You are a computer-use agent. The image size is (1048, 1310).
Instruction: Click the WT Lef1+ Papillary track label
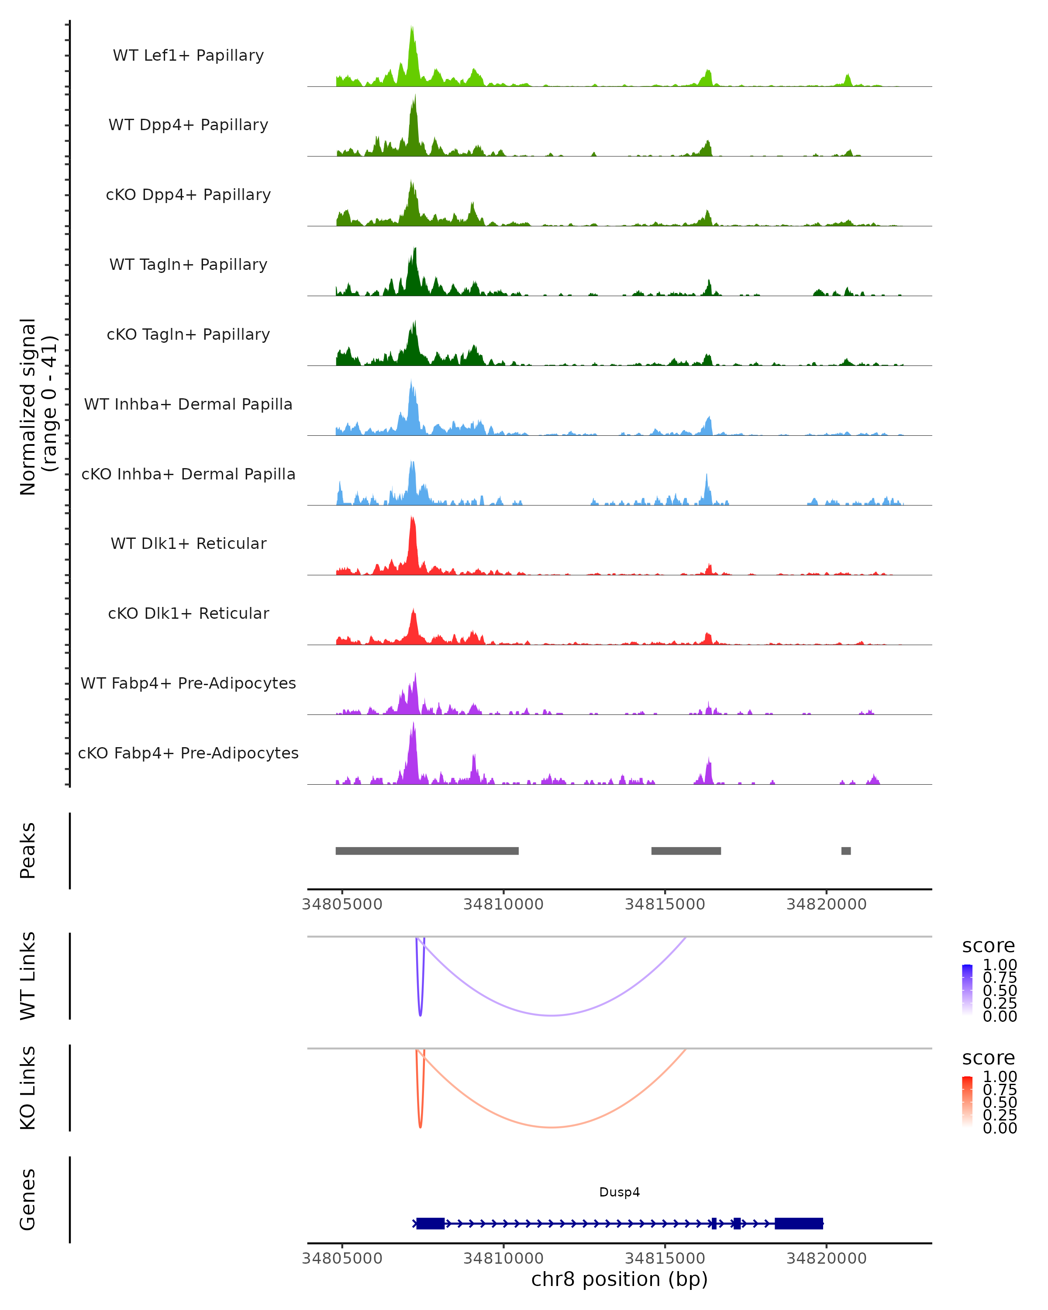[188, 55]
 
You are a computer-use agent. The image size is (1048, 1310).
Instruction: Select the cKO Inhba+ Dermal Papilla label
[188, 474]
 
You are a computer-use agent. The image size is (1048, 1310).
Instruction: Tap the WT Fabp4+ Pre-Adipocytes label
[188, 683]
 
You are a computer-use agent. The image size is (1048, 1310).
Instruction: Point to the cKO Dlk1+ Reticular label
[188, 613]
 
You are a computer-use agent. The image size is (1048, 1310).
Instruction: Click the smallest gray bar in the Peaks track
[846, 851]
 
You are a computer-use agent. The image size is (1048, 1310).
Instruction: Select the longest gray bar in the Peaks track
[427, 851]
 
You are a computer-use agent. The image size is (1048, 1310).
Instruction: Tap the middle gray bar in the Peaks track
[686, 851]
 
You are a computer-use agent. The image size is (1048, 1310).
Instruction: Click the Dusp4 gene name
[619, 1192]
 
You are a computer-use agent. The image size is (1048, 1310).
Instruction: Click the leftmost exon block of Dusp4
[430, 1223]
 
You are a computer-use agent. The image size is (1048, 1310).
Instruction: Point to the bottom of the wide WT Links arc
[551, 1015]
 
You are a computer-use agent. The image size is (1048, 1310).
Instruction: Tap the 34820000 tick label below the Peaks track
[826, 904]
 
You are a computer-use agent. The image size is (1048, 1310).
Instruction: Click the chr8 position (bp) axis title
[619, 1279]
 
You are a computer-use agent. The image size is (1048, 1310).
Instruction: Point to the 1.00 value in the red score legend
[1000, 1077]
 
